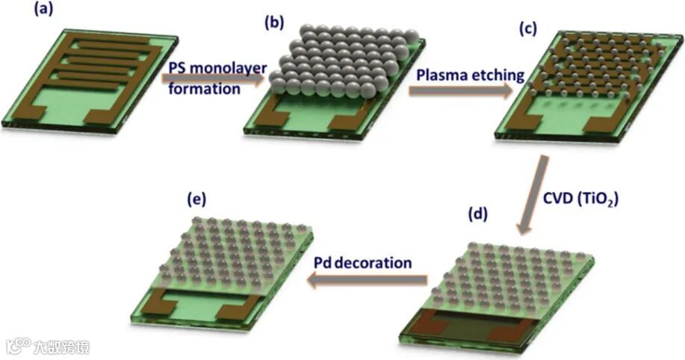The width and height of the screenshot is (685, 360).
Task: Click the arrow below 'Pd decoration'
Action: point(369,280)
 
